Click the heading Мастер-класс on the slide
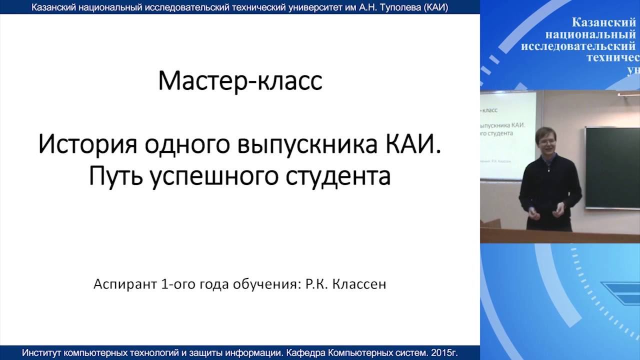(x=240, y=81)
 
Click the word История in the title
(x=88, y=145)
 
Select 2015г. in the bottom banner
(x=444, y=353)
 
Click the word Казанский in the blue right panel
(x=603, y=22)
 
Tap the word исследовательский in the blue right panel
(x=578, y=46)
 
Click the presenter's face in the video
(x=546, y=142)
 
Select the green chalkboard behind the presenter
(x=612, y=167)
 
